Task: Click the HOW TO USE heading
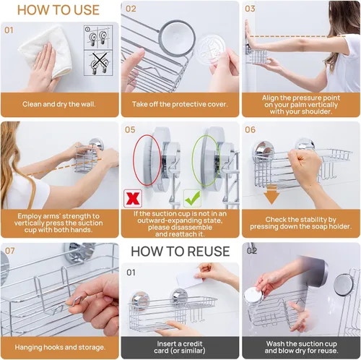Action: tap(58, 10)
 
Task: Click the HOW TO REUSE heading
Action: tap(180, 252)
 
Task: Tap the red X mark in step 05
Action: tap(133, 198)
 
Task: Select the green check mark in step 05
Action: tap(193, 198)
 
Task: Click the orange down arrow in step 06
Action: tap(271, 194)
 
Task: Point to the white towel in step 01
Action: tap(45, 51)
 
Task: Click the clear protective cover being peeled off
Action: tap(211, 48)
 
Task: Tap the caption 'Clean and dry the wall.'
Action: tap(59, 104)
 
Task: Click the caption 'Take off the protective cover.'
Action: tap(180, 104)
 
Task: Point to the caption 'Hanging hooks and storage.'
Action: tap(60, 347)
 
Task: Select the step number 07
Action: tap(9, 251)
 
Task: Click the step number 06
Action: tap(250, 130)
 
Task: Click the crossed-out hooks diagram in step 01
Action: tap(98, 63)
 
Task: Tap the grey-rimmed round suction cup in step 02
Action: tap(178, 37)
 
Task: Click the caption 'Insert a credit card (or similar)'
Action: tap(180, 347)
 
